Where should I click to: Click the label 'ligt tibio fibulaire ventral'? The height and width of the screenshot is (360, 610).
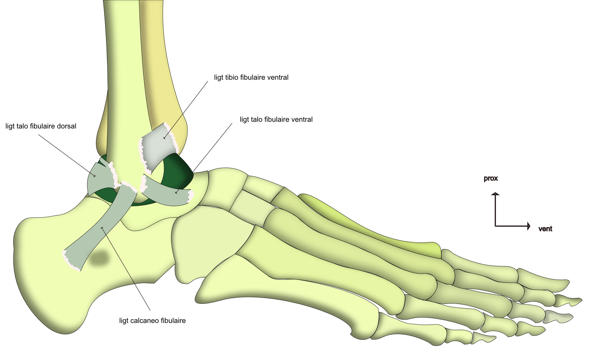point(251,78)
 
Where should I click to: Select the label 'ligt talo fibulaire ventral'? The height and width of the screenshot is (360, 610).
point(276,120)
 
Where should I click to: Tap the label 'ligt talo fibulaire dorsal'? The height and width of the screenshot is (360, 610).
point(41,126)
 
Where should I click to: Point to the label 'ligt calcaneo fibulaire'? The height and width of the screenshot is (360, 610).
point(152,321)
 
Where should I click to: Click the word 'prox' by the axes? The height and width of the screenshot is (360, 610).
point(491,179)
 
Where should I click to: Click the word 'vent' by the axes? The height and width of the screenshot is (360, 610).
point(545,229)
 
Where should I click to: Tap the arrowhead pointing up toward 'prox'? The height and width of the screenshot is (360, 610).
point(495,194)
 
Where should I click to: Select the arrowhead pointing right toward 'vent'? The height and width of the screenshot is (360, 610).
point(529,226)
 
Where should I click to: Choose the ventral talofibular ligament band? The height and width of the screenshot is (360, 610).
point(166,195)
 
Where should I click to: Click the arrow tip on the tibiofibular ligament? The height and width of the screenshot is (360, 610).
point(164,138)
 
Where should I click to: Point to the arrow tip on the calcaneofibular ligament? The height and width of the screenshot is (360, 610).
point(102,228)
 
